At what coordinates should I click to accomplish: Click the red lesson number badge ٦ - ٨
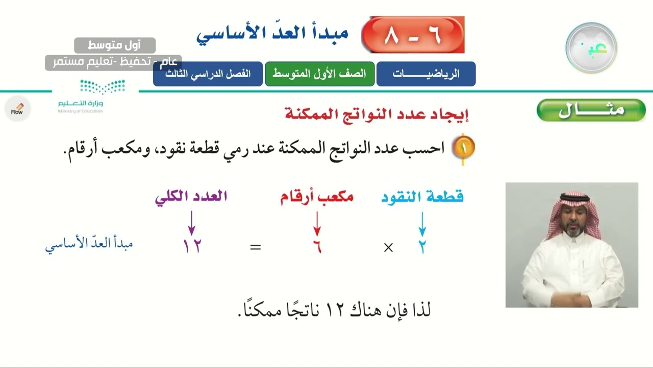click(413, 35)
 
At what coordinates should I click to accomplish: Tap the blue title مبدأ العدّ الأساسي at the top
click(272, 34)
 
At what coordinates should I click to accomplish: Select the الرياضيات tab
click(426, 74)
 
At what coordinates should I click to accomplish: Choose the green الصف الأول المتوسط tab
click(319, 74)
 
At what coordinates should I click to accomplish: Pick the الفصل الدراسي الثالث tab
click(208, 74)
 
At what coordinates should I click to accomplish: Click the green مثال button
click(591, 110)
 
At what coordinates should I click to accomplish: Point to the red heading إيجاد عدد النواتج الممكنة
click(376, 113)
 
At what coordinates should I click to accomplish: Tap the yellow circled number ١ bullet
click(464, 148)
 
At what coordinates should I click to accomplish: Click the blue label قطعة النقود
click(422, 197)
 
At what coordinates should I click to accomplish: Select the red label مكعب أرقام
click(317, 197)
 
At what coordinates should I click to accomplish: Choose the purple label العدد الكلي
click(191, 197)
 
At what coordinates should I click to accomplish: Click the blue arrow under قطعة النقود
click(422, 223)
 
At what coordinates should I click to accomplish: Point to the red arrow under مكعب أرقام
click(317, 223)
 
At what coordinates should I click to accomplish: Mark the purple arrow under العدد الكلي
click(192, 223)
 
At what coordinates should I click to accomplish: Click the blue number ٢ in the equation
click(422, 247)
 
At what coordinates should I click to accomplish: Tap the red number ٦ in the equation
click(317, 247)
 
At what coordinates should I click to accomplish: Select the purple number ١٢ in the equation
click(192, 247)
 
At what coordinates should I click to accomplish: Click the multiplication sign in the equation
click(388, 248)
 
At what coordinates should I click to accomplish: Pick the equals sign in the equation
click(256, 247)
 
